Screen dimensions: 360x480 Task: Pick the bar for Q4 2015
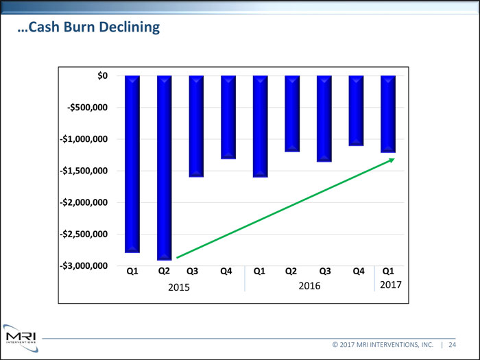[x=228, y=117]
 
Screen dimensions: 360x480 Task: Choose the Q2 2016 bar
[x=292, y=113]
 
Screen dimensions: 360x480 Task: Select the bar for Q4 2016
[x=356, y=110]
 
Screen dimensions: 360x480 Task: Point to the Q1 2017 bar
[x=388, y=113]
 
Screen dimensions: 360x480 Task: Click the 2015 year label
[x=179, y=286]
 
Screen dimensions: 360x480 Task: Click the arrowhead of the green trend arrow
[x=392, y=160]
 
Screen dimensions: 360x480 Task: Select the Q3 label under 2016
[x=324, y=271]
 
